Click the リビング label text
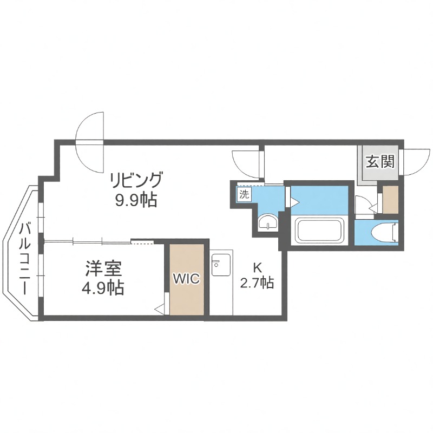(x=136, y=179)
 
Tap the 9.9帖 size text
(x=135, y=200)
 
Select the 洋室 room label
(x=103, y=267)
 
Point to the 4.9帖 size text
(x=103, y=288)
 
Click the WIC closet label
(x=186, y=279)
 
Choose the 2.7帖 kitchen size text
(x=257, y=283)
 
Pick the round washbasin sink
(x=266, y=223)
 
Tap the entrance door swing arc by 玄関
(x=415, y=162)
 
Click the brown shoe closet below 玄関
(x=390, y=199)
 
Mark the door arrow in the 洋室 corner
(x=160, y=309)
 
